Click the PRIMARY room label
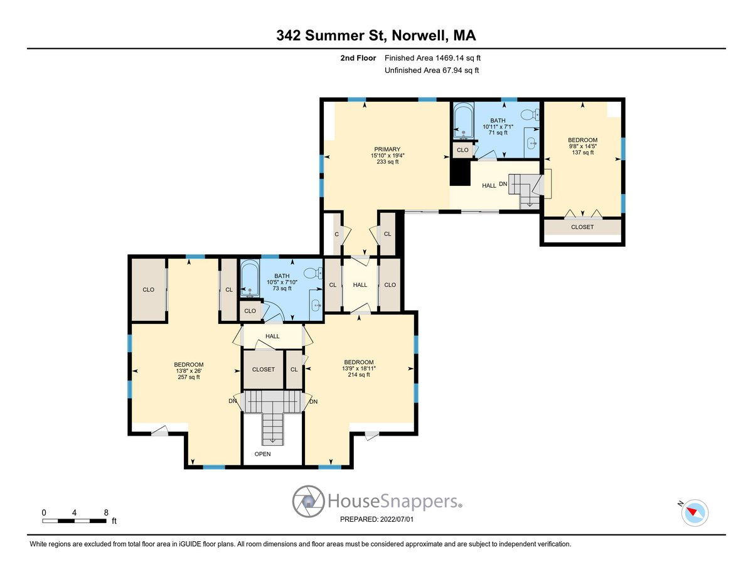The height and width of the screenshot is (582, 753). (x=387, y=149)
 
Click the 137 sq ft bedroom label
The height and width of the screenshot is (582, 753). (x=582, y=146)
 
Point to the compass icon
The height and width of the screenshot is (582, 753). (x=695, y=513)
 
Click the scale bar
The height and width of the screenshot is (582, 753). (x=74, y=520)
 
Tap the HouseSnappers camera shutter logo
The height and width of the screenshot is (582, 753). (x=307, y=501)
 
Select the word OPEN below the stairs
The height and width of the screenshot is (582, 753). (x=262, y=454)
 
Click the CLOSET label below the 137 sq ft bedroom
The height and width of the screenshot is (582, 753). (x=582, y=227)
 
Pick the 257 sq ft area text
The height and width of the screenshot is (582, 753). (x=188, y=377)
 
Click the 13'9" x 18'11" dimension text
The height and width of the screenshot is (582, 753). (x=359, y=369)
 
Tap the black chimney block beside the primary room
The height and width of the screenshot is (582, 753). (x=460, y=173)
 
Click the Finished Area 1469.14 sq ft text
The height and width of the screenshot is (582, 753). (x=432, y=58)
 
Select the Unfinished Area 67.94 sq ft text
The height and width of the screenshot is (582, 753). (x=432, y=70)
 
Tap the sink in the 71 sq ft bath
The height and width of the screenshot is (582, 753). (x=532, y=143)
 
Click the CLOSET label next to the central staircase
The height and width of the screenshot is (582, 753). (x=264, y=370)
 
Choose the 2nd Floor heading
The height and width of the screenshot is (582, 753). (x=358, y=58)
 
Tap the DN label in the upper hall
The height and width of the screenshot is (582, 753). (x=503, y=184)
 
